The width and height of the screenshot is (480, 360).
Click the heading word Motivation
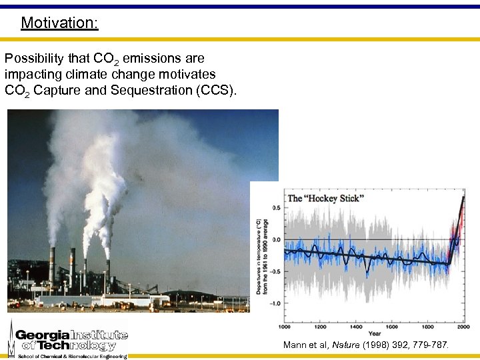click(59, 23)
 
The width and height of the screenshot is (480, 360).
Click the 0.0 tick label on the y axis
click(275, 239)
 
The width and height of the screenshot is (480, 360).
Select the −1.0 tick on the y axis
click(273, 303)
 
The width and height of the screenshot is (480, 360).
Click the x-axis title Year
click(375, 334)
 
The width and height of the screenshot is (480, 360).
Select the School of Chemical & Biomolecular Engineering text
click(72, 356)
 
